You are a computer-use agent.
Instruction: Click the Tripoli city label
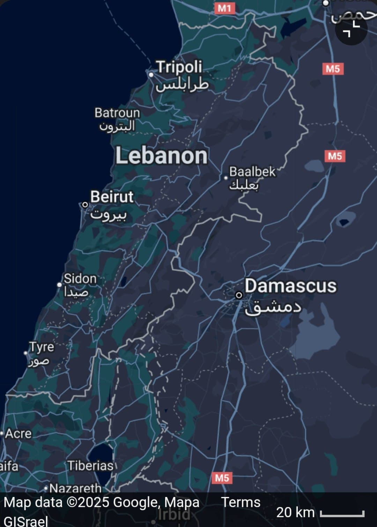[179, 67]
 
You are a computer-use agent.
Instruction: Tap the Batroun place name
[117, 113]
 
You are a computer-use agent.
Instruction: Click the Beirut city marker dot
[85, 205]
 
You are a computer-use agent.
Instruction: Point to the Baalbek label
[252, 172]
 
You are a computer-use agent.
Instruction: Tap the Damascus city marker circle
[239, 295]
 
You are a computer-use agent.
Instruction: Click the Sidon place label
[80, 279]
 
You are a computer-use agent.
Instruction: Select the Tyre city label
[42, 347]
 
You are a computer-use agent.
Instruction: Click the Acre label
[18, 433]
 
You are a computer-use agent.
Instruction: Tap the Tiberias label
[90, 466]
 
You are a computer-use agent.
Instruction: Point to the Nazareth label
[75, 488]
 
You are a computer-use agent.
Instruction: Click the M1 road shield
[224, 8]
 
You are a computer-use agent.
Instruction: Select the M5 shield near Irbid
[222, 478]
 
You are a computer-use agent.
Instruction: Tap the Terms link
[241, 502]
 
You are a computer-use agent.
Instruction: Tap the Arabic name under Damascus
[273, 307]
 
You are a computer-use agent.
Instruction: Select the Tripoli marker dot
[151, 74]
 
